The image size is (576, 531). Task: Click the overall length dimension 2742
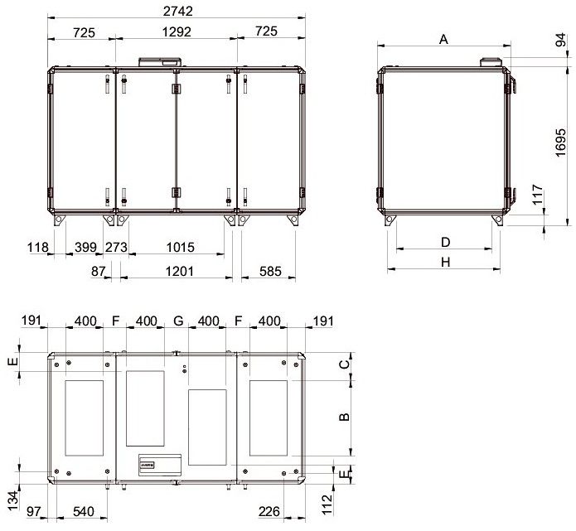tap(178, 12)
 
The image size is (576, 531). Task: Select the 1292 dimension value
tap(177, 32)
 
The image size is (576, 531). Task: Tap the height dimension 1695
tap(560, 142)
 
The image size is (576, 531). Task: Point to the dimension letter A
tap(443, 39)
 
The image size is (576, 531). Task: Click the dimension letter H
tap(445, 263)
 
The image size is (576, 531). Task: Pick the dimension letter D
tap(445, 243)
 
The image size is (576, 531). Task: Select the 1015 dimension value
tap(181, 247)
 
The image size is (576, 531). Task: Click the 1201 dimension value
tap(179, 272)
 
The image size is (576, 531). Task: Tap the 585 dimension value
tap(270, 272)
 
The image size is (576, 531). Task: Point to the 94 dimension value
tap(560, 40)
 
